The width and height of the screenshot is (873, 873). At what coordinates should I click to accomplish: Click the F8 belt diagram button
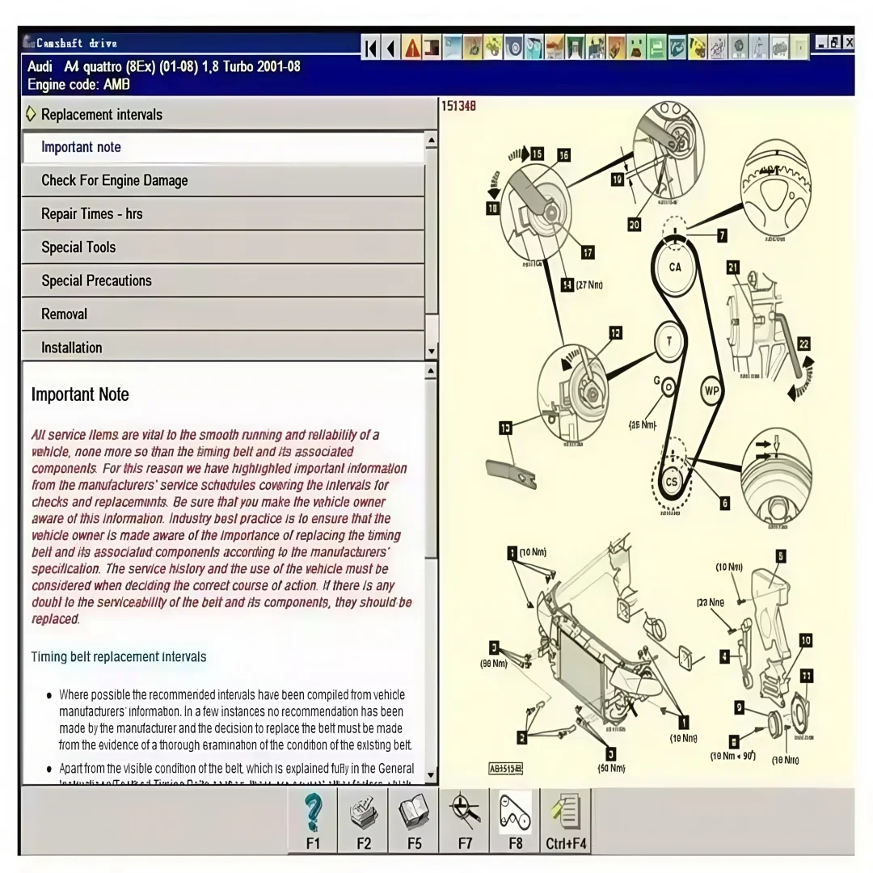click(x=515, y=820)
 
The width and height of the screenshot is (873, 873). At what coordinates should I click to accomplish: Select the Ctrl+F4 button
click(x=566, y=820)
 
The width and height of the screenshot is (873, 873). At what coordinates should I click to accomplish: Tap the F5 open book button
click(x=414, y=820)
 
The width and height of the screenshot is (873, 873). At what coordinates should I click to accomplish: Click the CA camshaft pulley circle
click(x=674, y=267)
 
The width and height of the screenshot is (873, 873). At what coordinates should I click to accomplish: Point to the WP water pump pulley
click(x=711, y=391)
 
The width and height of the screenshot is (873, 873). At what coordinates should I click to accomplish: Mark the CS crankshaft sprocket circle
click(x=671, y=482)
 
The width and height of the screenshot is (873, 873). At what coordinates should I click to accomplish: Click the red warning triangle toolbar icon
click(x=412, y=48)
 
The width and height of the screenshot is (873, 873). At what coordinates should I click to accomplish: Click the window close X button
click(x=848, y=42)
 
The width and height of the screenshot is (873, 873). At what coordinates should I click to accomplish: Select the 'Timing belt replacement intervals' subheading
click(x=119, y=656)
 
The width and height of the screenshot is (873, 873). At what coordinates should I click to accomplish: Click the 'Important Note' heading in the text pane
click(x=80, y=394)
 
